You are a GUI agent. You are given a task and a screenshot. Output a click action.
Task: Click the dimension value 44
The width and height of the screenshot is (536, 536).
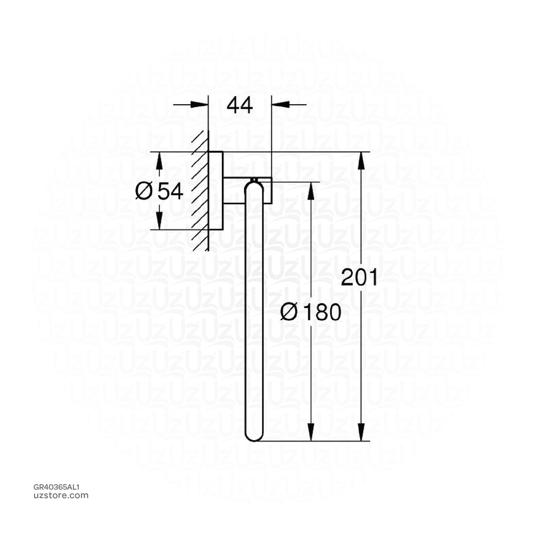[x=240, y=105]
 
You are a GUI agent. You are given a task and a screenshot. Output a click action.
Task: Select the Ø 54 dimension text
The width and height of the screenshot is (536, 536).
[x=159, y=191]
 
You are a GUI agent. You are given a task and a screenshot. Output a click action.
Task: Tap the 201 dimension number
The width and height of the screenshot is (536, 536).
[x=359, y=277]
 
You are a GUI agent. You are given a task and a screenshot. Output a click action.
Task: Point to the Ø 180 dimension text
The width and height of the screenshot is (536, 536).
[x=310, y=312]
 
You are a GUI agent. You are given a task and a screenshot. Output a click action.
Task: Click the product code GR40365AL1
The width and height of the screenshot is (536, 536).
[x=56, y=487]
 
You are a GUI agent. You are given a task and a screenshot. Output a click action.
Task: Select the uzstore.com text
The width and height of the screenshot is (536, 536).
[x=61, y=495]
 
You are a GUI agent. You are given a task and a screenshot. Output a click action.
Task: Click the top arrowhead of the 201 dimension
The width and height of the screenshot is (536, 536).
[x=361, y=160]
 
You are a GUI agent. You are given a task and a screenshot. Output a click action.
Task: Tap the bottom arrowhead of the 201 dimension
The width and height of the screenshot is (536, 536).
[x=361, y=433]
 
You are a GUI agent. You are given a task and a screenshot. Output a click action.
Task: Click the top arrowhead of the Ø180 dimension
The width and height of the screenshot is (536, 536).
[x=311, y=191]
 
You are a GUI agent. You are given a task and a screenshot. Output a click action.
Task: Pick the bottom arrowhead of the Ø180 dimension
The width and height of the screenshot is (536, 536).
[x=311, y=433]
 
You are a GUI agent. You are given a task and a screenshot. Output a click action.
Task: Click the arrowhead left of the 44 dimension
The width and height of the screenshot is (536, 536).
[x=200, y=105]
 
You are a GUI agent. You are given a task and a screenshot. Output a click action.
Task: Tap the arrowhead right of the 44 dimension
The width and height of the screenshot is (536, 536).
[x=280, y=105]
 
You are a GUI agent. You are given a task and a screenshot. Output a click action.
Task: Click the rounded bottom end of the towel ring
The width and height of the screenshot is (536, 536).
[x=254, y=435]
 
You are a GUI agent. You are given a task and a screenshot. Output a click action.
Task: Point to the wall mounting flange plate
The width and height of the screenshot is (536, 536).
[x=216, y=191]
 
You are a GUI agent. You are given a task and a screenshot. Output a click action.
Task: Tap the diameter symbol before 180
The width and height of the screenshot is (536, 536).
[x=289, y=312]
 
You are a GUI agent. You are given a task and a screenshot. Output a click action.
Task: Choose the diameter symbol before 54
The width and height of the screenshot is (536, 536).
[x=143, y=191]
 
